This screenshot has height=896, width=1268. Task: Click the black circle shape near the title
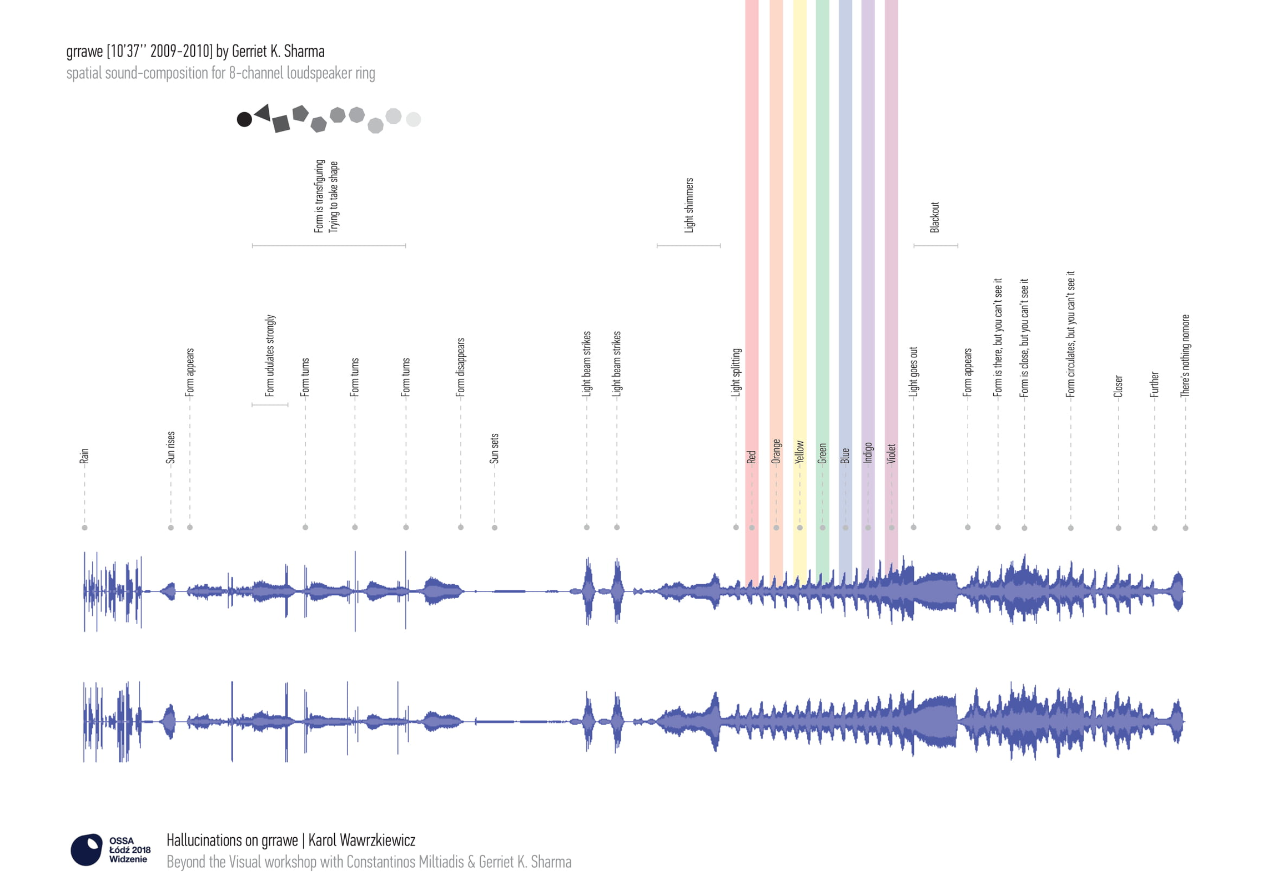(x=244, y=119)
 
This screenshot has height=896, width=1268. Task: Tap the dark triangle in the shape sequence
(x=263, y=113)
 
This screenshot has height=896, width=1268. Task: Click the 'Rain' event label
(x=84, y=456)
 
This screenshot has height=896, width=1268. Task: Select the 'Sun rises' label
(x=170, y=447)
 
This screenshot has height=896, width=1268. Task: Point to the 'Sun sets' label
(x=494, y=448)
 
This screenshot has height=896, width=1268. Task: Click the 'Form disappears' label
(x=460, y=367)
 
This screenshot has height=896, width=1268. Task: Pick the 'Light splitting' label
(x=736, y=372)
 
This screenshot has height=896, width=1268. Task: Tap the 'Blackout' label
(x=935, y=217)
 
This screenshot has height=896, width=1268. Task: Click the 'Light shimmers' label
(x=689, y=205)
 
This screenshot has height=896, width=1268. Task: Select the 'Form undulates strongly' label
(x=270, y=356)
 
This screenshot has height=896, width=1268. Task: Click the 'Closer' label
(x=1118, y=386)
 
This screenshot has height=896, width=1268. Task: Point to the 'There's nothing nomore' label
(x=1185, y=356)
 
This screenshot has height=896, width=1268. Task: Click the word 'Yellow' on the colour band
(x=799, y=452)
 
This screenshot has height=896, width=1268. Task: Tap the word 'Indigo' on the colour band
(x=868, y=453)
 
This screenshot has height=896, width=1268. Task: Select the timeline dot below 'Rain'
(x=84, y=528)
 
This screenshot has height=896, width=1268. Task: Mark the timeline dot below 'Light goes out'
(x=913, y=527)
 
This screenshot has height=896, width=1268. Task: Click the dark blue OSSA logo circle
(x=87, y=849)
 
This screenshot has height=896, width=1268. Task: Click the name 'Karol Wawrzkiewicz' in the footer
(x=361, y=841)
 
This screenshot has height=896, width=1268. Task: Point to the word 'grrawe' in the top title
(x=84, y=52)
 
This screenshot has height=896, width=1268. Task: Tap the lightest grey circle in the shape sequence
(x=414, y=119)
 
